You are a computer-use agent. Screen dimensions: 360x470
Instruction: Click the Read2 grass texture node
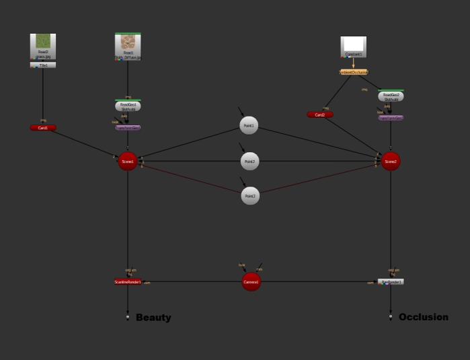click(43, 46)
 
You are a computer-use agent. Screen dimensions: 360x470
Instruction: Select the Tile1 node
click(43, 65)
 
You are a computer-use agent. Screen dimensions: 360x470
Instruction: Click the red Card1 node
click(43, 128)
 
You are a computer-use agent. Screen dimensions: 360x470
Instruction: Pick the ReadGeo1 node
click(128, 106)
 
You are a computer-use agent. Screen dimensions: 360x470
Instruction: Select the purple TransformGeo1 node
click(128, 127)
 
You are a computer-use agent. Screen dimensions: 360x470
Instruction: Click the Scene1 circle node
click(128, 161)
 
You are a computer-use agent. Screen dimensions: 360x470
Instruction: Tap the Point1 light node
click(249, 126)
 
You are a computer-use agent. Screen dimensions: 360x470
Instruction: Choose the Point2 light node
click(249, 161)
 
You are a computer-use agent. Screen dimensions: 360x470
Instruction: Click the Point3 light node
click(249, 196)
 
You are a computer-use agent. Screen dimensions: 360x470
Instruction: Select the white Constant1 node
click(354, 47)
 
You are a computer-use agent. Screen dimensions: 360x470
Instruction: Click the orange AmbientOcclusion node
click(354, 72)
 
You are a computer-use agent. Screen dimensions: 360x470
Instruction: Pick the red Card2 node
click(320, 115)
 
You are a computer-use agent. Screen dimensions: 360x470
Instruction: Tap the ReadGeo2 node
click(391, 96)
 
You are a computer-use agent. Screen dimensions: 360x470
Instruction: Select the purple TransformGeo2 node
click(391, 117)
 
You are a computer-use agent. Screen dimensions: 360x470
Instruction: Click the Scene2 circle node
click(391, 161)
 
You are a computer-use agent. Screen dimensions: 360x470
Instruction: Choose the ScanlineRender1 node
click(128, 282)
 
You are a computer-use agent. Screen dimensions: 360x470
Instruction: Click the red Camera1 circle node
click(251, 283)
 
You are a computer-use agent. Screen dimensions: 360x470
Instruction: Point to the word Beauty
click(153, 318)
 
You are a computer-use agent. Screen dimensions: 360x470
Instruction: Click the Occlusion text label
click(423, 317)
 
